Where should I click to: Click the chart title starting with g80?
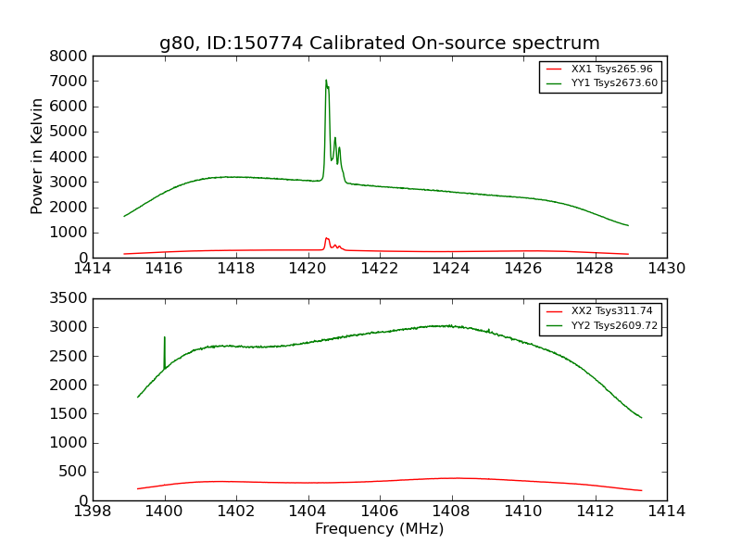tap(380, 44)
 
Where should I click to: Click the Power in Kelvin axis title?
tap(38, 156)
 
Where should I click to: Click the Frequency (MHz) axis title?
tap(379, 529)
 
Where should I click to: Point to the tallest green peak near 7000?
tap(326, 81)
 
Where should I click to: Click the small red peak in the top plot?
tap(326, 238)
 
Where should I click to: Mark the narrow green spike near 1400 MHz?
tap(165, 338)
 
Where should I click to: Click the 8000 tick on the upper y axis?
tap(70, 56)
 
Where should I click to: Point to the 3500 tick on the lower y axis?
tap(70, 298)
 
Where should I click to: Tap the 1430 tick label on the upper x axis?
tap(666, 269)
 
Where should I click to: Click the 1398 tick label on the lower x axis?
tap(93, 512)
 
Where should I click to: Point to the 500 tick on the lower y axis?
tap(77, 472)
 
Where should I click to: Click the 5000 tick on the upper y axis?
tap(70, 132)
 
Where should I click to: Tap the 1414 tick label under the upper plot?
tap(93, 269)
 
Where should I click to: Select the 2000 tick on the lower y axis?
tap(70, 385)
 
